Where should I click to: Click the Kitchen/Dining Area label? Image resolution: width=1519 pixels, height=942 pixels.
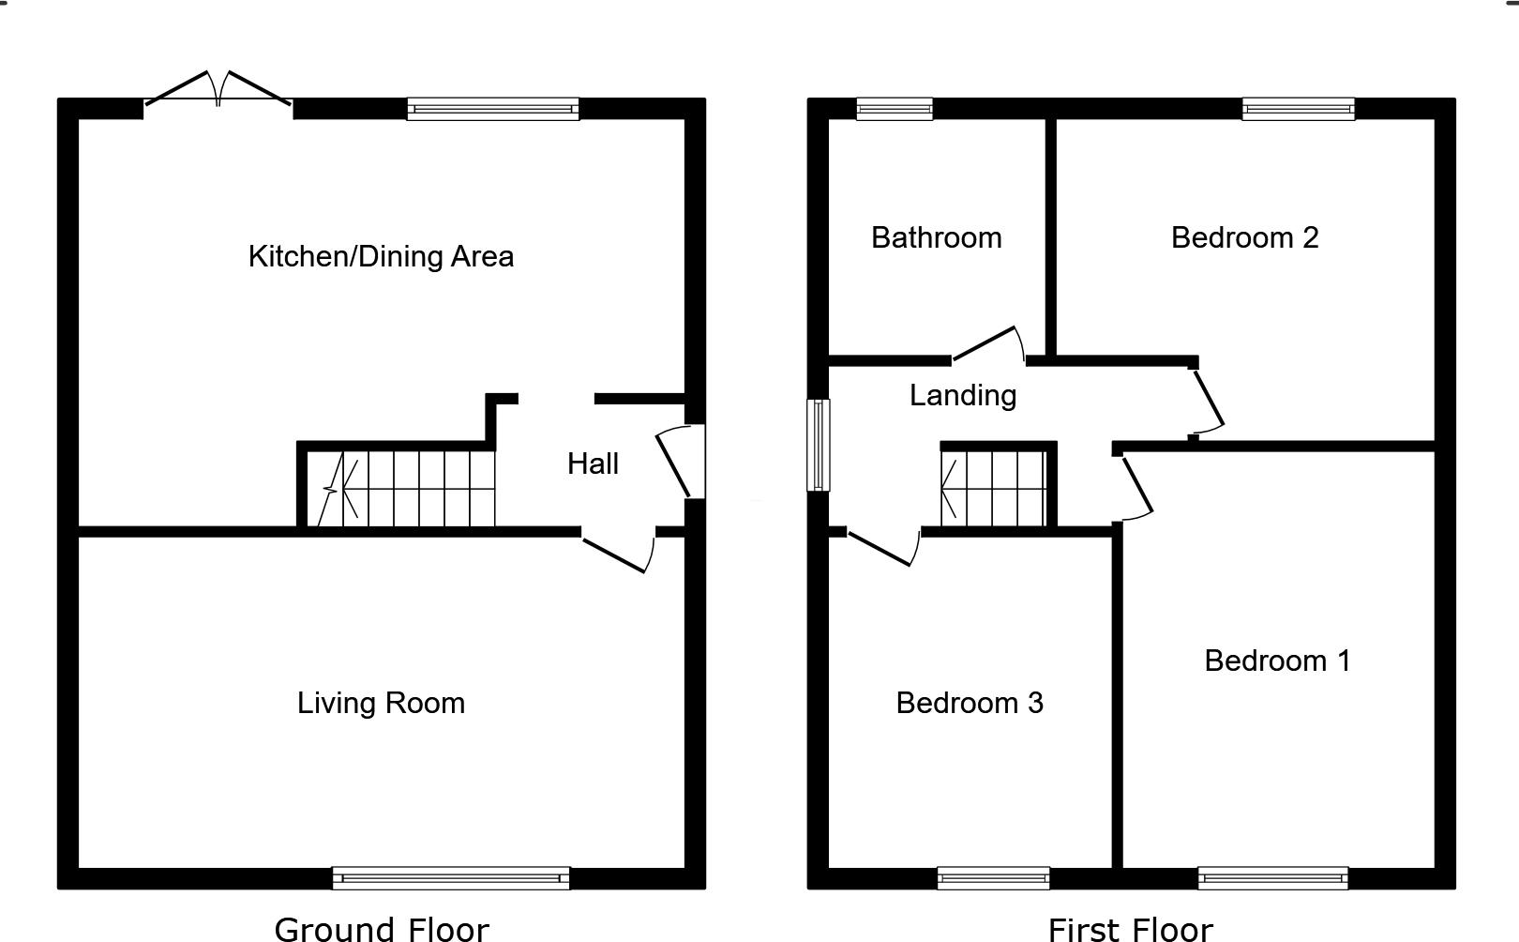(x=381, y=256)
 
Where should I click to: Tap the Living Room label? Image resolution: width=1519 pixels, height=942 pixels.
(x=381, y=703)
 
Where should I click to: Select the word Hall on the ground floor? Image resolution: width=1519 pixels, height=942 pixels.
(x=593, y=463)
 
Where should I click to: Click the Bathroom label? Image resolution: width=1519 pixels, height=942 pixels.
(x=936, y=237)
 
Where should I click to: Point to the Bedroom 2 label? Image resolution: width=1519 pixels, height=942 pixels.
(x=1244, y=237)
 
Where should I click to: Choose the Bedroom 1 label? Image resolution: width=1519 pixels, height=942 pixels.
(x=1277, y=661)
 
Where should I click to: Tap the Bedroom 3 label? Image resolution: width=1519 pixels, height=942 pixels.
(x=970, y=703)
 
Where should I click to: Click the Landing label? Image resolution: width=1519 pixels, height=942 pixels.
(x=963, y=395)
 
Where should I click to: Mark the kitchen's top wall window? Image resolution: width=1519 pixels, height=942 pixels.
(x=493, y=109)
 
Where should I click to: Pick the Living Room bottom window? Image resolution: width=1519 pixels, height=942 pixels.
(x=451, y=878)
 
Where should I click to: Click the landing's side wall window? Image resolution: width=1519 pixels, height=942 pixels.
(x=819, y=445)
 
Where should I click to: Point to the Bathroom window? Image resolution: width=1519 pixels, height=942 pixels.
(x=895, y=109)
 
